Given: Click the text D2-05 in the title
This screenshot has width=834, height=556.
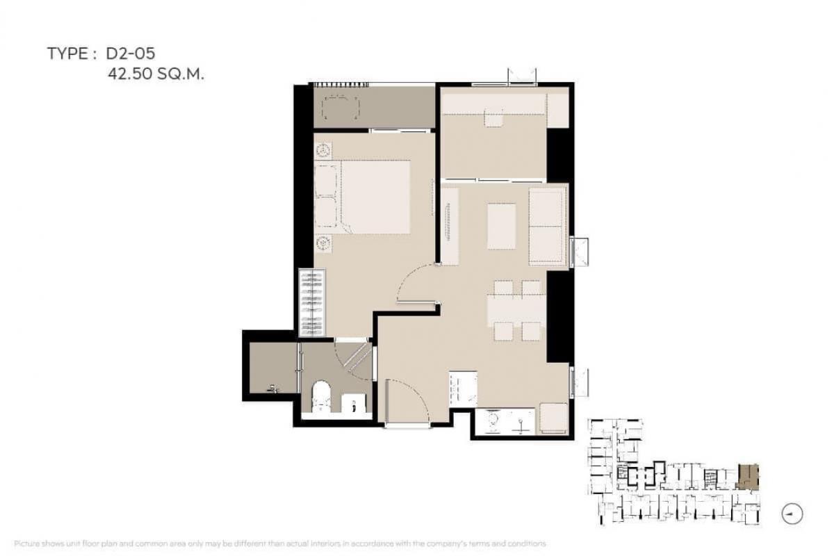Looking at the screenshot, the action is [x=131, y=54].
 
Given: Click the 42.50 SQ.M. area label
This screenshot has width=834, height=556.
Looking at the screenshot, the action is [x=156, y=74].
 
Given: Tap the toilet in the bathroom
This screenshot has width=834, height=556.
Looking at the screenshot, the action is [x=321, y=396].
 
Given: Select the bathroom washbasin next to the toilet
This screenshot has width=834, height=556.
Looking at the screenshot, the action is [x=354, y=403].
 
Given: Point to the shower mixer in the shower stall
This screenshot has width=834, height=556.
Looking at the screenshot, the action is [x=274, y=389].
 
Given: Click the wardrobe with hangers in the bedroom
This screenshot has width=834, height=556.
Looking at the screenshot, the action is [x=312, y=303].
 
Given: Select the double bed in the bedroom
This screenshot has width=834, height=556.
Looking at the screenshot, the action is [x=362, y=197].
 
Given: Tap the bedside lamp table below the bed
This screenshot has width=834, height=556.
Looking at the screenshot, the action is [x=323, y=243].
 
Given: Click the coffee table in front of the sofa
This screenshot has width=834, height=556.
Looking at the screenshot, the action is [x=502, y=226].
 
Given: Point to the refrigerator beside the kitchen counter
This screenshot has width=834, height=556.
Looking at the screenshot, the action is [x=554, y=418].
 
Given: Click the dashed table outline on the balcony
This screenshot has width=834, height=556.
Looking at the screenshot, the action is [x=341, y=108].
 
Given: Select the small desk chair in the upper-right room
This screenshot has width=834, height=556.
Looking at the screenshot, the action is [x=493, y=117].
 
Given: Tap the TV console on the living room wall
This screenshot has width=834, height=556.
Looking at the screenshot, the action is [x=450, y=227].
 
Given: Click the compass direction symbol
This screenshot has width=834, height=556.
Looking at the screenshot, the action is [x=792, y=514].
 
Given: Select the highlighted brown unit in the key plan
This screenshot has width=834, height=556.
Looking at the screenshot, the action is [x=748, y=477].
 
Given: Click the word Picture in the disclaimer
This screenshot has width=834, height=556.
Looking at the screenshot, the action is [x=27, y=543].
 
